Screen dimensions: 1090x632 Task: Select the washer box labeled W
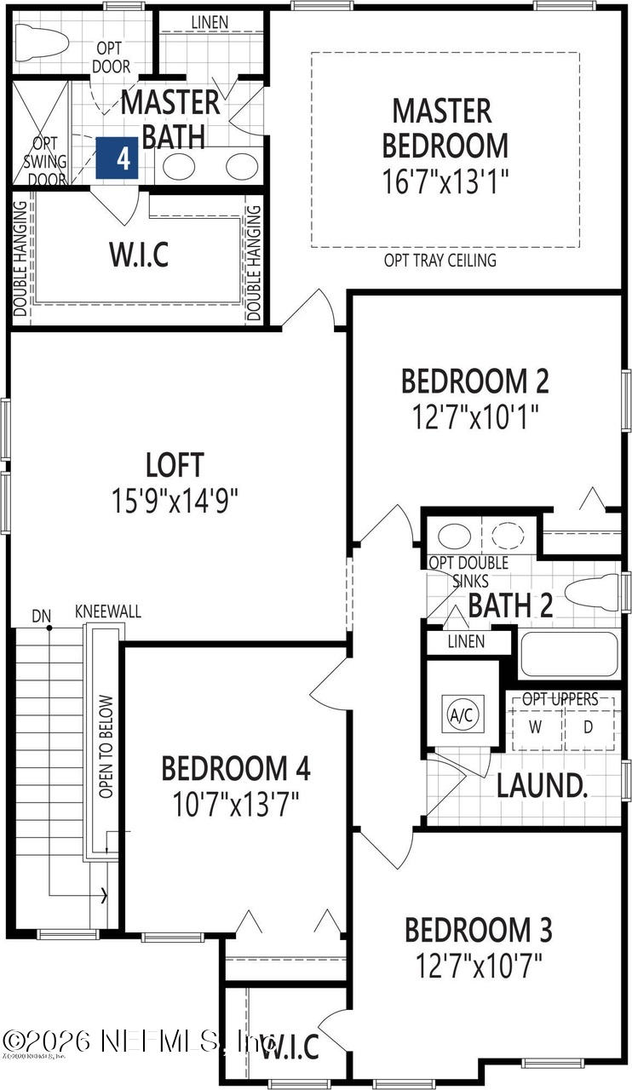(x=536, y=727)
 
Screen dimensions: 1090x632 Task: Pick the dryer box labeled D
(x=589, y=727)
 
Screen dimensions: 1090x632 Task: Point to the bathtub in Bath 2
(x=568, y=654)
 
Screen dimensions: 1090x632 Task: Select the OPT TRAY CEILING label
(x=440, y=261)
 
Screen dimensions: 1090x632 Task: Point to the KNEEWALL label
(x=108, y=612)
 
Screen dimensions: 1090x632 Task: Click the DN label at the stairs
(x=41, y=614)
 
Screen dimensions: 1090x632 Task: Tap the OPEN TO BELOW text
(x=106, y=747)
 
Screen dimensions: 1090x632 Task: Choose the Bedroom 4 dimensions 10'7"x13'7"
(x=236, y=803)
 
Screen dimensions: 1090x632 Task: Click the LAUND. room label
(x=543, y=786)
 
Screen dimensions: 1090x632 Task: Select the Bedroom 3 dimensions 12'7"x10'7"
(x=479, y=967)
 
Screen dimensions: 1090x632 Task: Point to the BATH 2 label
(x=510, y=605)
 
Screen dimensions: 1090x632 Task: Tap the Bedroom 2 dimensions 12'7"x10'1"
(x=475, y=418)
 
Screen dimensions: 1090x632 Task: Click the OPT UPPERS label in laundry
(x=560, y=699)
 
